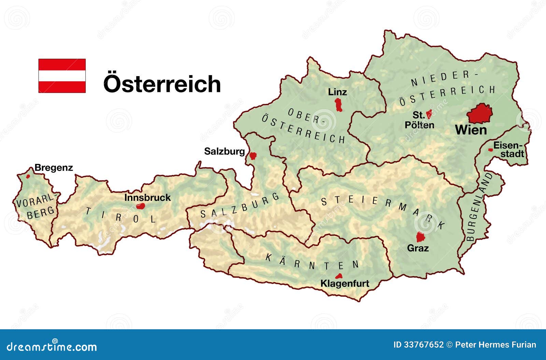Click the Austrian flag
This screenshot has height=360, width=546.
[x=62, y=76]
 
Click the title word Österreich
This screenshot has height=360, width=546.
[x=162, y=84]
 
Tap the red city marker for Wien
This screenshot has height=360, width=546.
[x=480, y=114]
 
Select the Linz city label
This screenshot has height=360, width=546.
[x=337, y=92]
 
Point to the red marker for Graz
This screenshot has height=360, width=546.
[x=420, y=237]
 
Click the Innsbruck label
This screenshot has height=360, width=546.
[x=147, y=197]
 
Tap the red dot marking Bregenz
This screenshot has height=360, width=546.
[x=28, y=177]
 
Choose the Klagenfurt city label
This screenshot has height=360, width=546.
[x=345, y=283]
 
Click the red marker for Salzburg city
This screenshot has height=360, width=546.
[x=253, y=156]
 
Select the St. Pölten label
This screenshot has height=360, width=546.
[x=419, y=120]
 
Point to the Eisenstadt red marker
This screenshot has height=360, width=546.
[x=490, y=150]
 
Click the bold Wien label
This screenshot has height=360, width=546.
[x=471, y=130]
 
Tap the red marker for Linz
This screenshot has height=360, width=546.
[x=339, y=105]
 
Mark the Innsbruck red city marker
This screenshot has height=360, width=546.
[x=140, y=206]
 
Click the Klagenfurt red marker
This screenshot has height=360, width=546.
[x=339, y=276]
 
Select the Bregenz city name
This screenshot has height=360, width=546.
[x=54, y=168]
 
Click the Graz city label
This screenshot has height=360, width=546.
[x=418, y=248]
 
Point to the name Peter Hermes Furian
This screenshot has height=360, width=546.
[x=495, y=345]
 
